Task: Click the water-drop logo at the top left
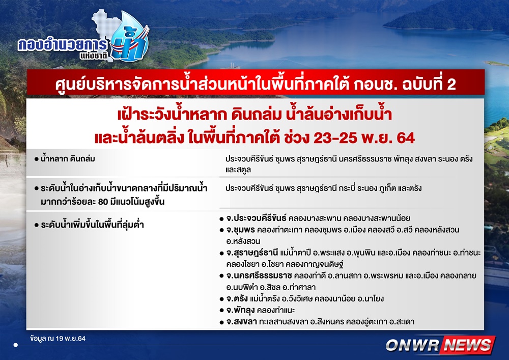pyautogui.click(x=130, y=37)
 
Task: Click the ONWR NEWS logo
pyautogui.click(x=440, y=345)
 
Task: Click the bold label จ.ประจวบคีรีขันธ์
pyautogui.click(x=256, y=218)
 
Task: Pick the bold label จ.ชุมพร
pyautogui.click(x=240, y=230)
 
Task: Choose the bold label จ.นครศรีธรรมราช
pyautogui.click(x=259, y=276)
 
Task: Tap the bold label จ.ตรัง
pyautogui.click(x=237, y=299)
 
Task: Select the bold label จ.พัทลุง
pyautogui.click(x=240, y=310)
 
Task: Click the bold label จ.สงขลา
pyautogui.click(x=241, y=322)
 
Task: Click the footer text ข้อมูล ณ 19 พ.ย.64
pyautogui.click(x=58, y=339)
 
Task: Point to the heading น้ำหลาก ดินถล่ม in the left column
pyautogui.click(x=68, y=159)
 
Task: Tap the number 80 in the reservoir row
pyautogui.click(x=103, y=202)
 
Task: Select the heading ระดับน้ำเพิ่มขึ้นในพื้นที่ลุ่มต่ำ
pyautogui.click(x=92, y=225)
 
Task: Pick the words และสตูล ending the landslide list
pyautogui.click(x=238, y=170)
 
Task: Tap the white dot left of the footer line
pyautogui.click(x=16, y=345)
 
